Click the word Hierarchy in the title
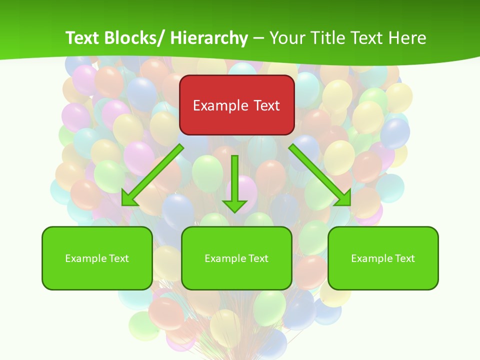coord(209,38)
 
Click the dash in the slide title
coord(258,38)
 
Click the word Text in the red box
coord(265,105)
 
